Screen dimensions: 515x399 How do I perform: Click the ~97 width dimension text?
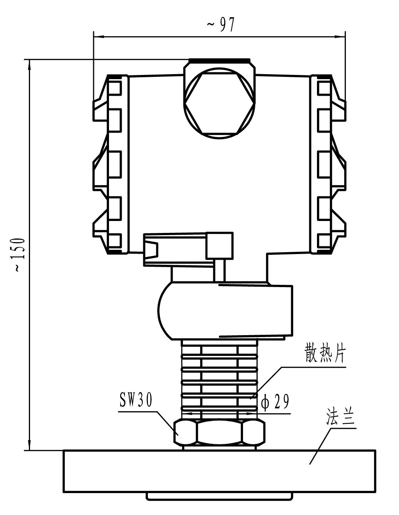click(220, 25)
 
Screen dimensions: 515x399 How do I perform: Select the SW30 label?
click(136, 401)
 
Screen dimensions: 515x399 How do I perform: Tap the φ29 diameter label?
click(275, 402)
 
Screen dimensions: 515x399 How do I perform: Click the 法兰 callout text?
click(340, 417)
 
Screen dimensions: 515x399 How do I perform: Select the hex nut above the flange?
click(220, 432)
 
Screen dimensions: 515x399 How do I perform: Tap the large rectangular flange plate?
click(220, 471)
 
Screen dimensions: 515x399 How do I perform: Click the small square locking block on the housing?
click(220, 245)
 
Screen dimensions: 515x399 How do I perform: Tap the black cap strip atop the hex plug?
click(219, 61)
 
